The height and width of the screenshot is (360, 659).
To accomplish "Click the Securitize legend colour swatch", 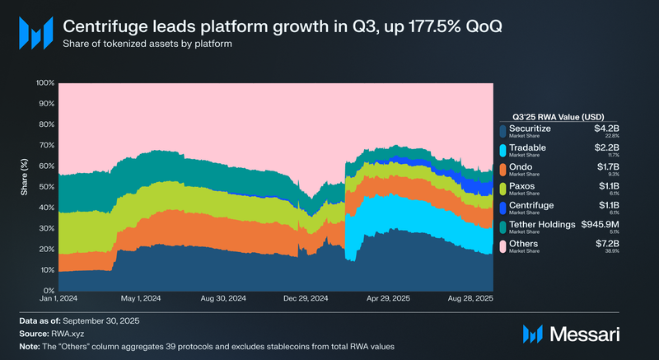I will tap(502, 130).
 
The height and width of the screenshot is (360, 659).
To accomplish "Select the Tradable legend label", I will tap(527, 147).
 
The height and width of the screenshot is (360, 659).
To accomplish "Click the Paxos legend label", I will tap(523, 187).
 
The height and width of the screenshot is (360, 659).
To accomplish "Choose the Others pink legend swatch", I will tap(502, 247).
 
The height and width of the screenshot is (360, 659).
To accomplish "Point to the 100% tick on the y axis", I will tap(44, 83).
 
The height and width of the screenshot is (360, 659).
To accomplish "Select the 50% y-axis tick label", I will tap(46, 187).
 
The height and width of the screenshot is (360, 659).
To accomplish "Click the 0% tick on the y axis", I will tap(48, 290).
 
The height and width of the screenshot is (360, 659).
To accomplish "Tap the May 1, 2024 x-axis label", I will tap(140, 299).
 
